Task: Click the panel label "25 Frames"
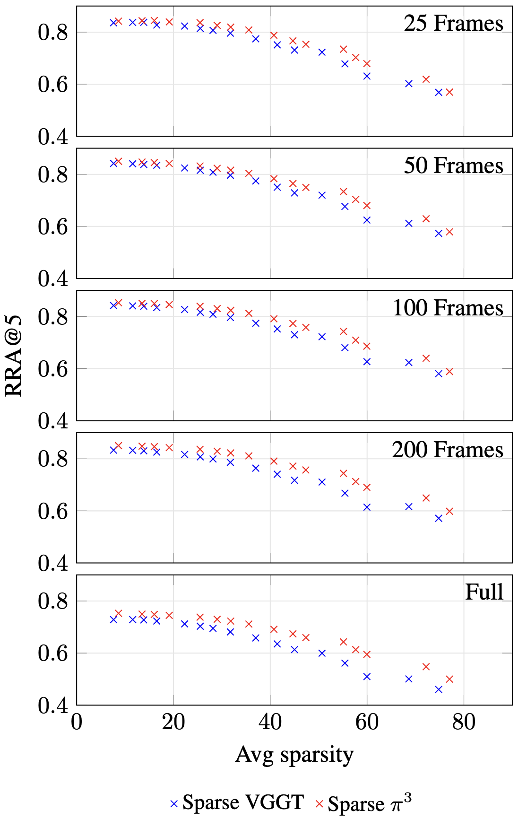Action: [x=453, y=24]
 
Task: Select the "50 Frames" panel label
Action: [x=453, y=166]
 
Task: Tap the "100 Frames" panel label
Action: [x=448, y=308]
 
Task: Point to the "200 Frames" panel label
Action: [x=447, y=450]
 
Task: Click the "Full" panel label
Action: [x=484, y=592]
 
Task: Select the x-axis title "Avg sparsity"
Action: [x=294, y=755]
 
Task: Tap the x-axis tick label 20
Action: [x=173, y=723]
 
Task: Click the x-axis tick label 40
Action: [x=270, y=723]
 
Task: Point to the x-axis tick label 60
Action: [x=367, y=723]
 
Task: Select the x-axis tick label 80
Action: [x=464, y=723]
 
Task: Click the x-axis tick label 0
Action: [x=77, y=723]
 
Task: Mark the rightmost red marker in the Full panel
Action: [x=449, y=679]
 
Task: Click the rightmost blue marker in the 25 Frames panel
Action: [x=439, y=92]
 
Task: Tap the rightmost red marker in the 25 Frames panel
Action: [x=449, y=92]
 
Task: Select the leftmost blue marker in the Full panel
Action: [x=113, y=619]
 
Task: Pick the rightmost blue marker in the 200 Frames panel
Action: [x=439, y=518]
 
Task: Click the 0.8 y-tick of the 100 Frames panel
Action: [x=53, y=317]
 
